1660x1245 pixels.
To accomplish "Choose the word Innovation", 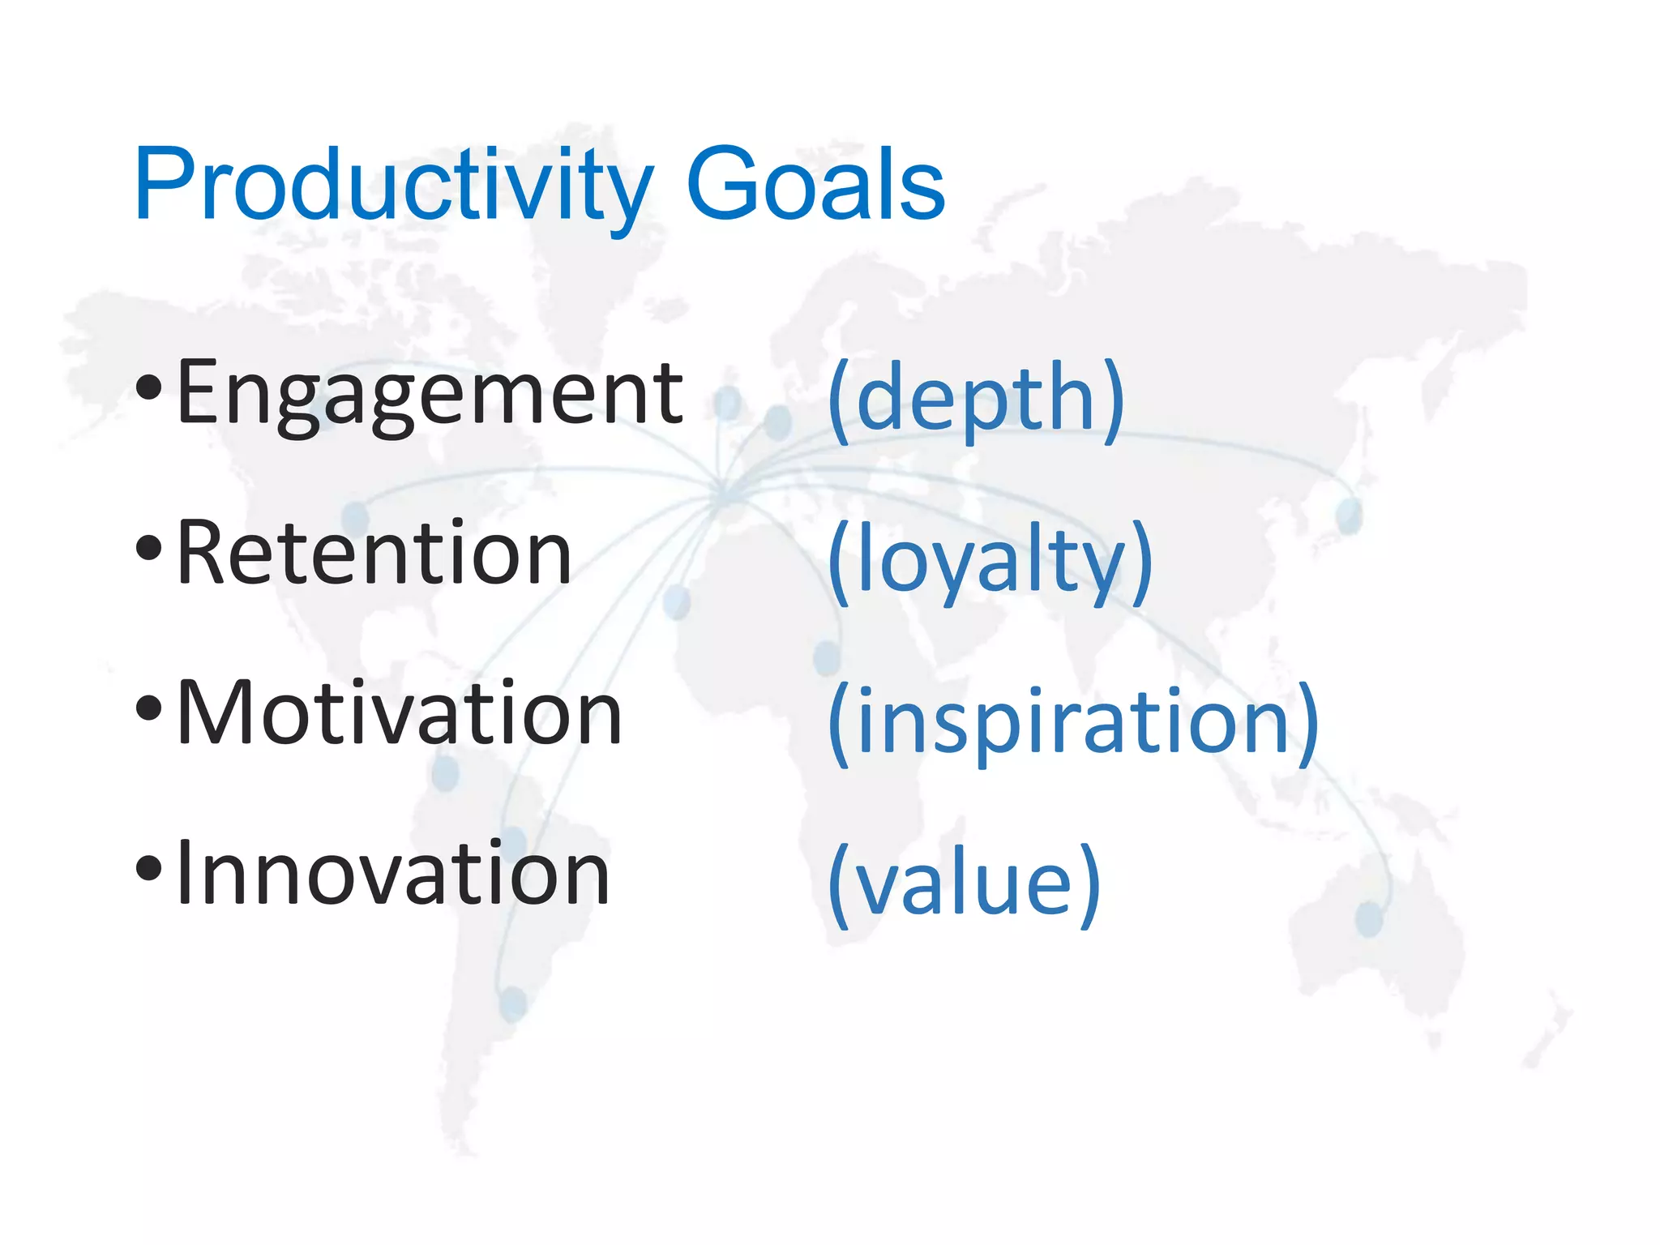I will coord(392,873).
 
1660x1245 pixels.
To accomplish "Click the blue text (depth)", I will coord(976,399).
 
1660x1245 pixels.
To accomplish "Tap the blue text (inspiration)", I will coord(1073,721).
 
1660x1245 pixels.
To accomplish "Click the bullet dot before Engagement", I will coord(149,388).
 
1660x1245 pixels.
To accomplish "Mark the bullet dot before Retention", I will coord(149,549).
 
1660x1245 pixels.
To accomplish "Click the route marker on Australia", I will coord(1369,919).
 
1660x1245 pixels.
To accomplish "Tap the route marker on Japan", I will coord(1349,516).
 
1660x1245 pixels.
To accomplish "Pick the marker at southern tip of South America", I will coord(512,1003).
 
